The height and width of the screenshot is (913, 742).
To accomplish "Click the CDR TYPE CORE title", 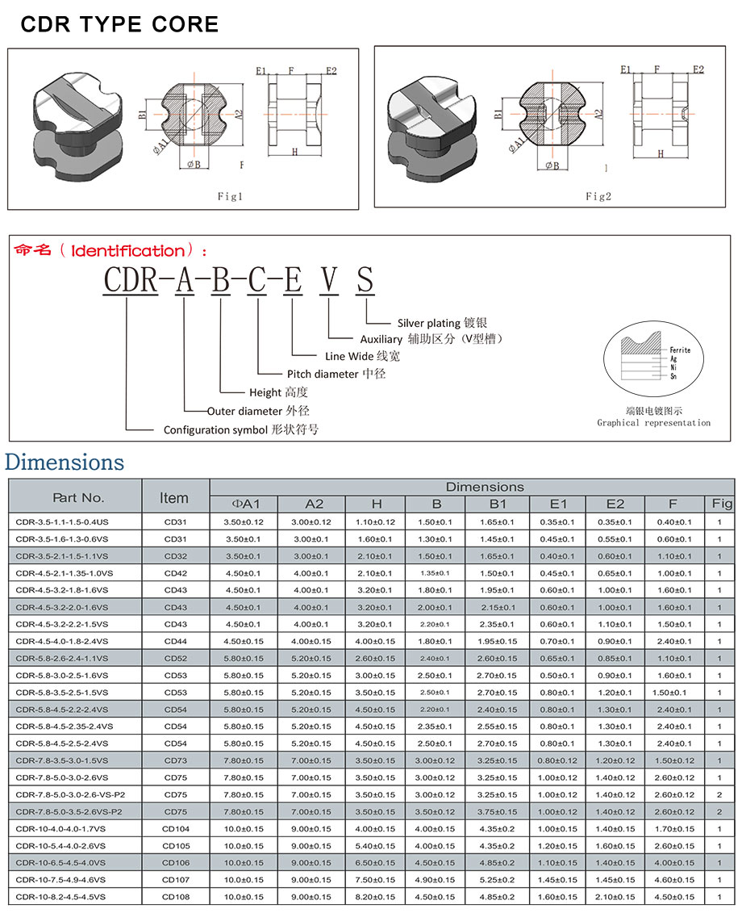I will pyautogui.click(x=119, y=24).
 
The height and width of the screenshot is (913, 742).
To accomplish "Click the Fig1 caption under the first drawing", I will pyautogui.click(x=230, y=196).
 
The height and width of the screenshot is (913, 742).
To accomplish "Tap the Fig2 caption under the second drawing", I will pyautogui.click(x=598, y=196).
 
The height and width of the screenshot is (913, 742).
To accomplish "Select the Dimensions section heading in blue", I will pyautogui.click(x=65, y=463).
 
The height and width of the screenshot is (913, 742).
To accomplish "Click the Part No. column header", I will pyautogui.click(x=78, y=497).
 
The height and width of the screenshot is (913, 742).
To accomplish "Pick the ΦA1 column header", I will pyautogui.click(x=243, y=504).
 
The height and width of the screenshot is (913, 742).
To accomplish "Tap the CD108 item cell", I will pyautogui.click(x=175, y=897).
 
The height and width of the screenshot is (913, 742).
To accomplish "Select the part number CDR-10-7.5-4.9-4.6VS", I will pyautogui.click(x=60, y=880).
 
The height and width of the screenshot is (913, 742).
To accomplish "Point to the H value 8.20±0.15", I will pyautogui.click(x=376, y=897).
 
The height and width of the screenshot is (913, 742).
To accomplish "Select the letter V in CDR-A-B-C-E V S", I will pyautogui.click(x=329, y=280).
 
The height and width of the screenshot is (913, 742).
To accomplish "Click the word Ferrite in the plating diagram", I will pyautogui.click(x=680, y=350).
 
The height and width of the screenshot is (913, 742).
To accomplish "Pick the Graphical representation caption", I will pyautogui.click(x=653, y=423).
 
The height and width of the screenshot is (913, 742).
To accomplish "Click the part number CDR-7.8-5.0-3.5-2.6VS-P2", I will pyautogui.click(x=69, y=811).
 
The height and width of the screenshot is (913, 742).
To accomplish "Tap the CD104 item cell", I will pyautogui.click(x=175, y=829).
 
